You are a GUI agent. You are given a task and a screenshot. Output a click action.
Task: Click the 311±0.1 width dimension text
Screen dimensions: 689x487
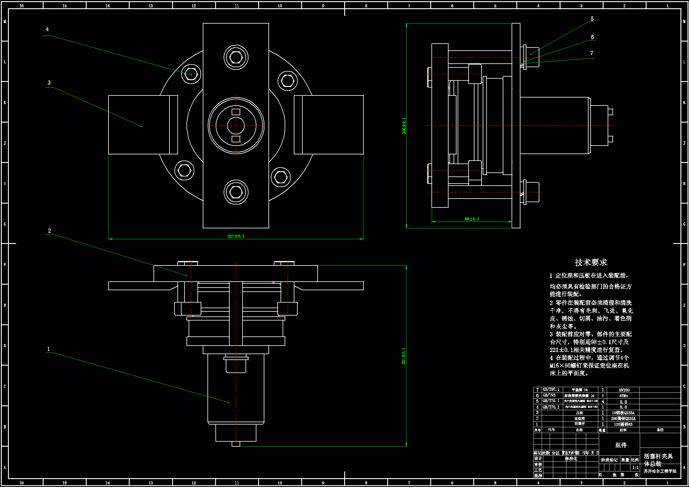click(x=236, y=236)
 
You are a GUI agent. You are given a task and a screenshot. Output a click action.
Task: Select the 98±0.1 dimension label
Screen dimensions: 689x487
click(x=472, y=219)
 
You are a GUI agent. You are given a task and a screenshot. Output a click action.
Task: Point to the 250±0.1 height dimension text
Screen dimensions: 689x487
click(x=404, y=126)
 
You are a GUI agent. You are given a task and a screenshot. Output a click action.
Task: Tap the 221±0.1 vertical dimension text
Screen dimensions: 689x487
click(x=404, y=356)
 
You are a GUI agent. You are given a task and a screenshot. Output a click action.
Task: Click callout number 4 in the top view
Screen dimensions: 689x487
click(x=47, y=29)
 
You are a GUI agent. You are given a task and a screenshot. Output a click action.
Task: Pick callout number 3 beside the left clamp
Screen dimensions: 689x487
click(x=49, y=82)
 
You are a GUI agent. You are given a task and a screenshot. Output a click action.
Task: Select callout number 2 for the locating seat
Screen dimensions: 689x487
click(x=50, y=231)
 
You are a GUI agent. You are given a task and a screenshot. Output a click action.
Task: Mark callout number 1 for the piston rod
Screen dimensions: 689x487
click(x=48, y=349)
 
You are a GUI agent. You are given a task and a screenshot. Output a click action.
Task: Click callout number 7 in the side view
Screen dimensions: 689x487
click(x=592, y=53)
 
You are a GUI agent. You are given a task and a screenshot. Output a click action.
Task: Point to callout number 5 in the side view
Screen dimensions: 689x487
click(x=592, y=19)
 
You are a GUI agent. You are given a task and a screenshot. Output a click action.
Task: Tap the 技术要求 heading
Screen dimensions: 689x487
click(x=591, y=263)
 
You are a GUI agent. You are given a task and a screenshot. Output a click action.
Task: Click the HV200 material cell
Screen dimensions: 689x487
click(x=624, y=390)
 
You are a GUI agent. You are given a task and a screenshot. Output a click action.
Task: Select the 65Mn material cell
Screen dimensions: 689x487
click(x=624, y=396)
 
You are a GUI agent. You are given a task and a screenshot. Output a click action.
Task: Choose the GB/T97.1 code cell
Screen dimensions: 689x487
click(x=551, y=390)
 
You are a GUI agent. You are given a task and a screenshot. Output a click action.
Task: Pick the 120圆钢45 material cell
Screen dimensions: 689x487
click(x=623, y=424)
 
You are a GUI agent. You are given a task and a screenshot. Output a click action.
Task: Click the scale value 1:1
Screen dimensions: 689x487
click(x=635, y=468)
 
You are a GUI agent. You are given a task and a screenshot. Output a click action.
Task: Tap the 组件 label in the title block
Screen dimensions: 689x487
click(x=621, y=445)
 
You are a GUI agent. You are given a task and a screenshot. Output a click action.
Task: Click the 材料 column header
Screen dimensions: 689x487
click(x=623, y=430)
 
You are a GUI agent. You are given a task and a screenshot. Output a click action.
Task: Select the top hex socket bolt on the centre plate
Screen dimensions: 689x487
click(x=236, y=57)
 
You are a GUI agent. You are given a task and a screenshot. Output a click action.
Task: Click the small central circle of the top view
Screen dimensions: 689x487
click(x=236, y=126)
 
